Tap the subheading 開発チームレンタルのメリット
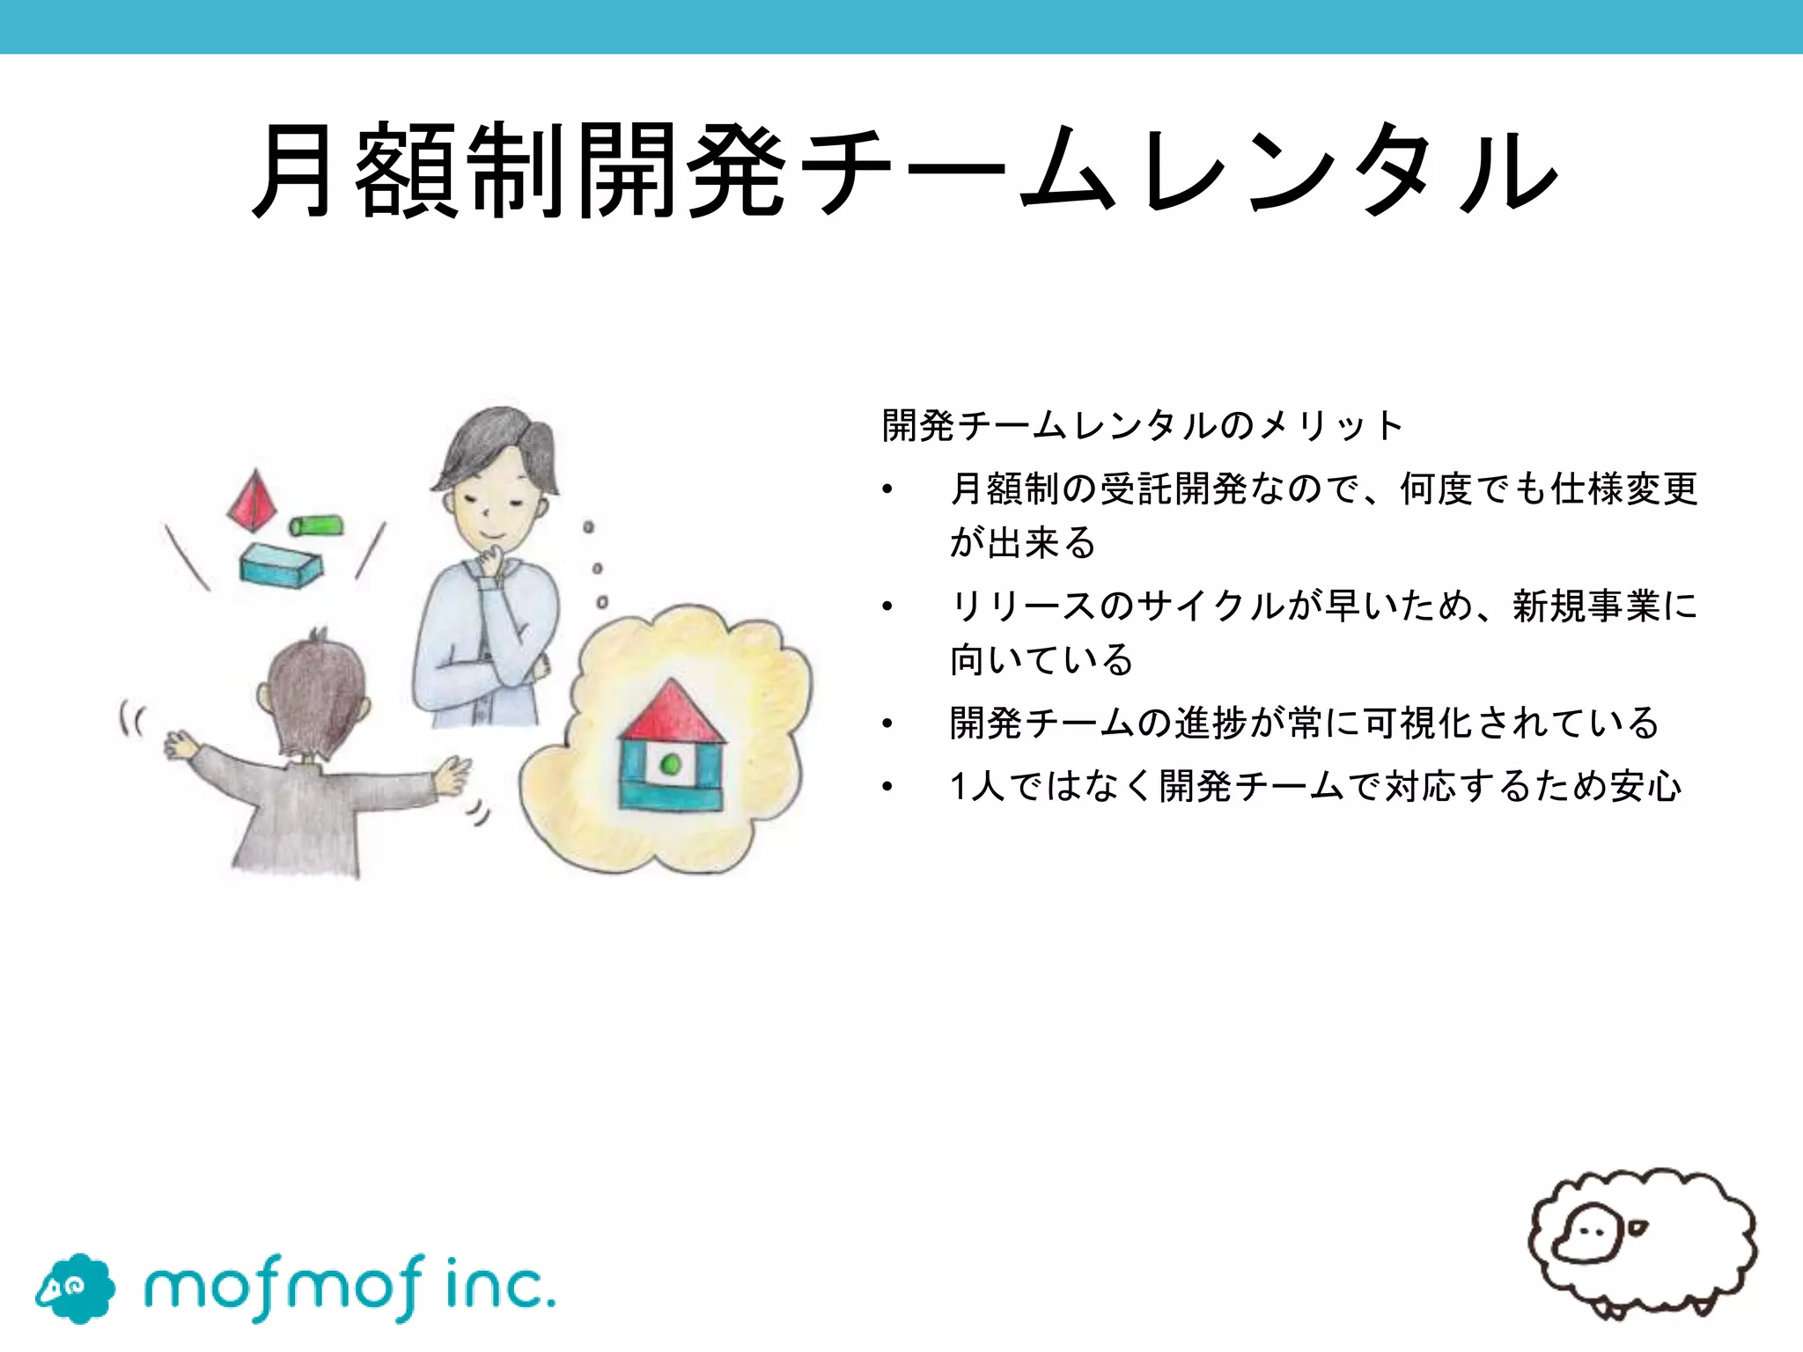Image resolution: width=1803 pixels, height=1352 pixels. [x=1142, y=426]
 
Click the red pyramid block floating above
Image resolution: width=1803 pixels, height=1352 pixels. [x=253, y=502]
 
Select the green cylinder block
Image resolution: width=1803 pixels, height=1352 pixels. [x=316, y=525]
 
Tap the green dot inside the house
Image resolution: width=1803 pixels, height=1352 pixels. [x=671, y=764]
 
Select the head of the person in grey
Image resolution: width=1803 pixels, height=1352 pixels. [x=315, y=695]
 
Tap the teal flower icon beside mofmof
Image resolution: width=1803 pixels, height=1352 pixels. [x=76, y=1288]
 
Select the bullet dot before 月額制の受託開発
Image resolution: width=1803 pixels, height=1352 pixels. [x=887, y=489]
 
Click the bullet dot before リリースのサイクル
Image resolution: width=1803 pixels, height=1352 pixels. [x=887, y=606]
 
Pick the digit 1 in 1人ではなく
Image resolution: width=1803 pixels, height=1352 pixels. [x=959, y=786]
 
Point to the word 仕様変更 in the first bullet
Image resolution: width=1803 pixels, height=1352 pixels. [x=1624, y=489]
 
